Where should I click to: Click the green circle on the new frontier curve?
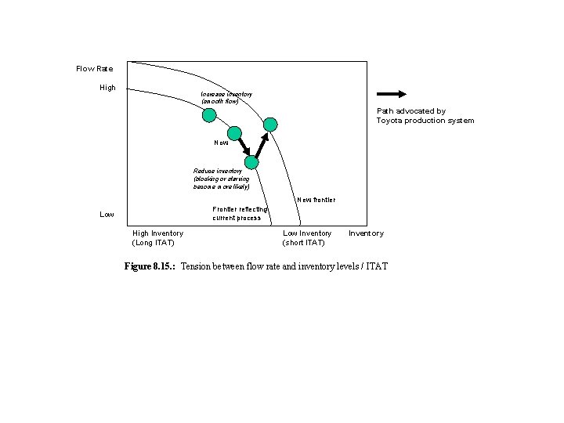click(270, 123)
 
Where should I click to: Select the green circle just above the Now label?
click(233, 132)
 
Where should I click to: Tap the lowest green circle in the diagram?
click(251, 162)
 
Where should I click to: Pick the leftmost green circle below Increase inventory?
click(209, 115)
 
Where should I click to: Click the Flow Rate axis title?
click(94, 69)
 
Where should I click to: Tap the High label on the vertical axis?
click(107, 88)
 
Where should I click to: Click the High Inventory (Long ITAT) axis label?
click(157, 237)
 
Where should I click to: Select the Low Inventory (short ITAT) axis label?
click(307, 237)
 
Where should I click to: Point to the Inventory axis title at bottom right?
click(366, 233)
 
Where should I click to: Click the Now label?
click(222, 143)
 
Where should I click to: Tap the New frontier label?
click(316, 200)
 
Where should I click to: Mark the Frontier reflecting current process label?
click(240, 213)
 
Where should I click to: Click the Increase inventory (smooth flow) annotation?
click(226, 98)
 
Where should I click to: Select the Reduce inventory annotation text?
click(222, 179)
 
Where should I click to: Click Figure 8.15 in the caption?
click(150, 267)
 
